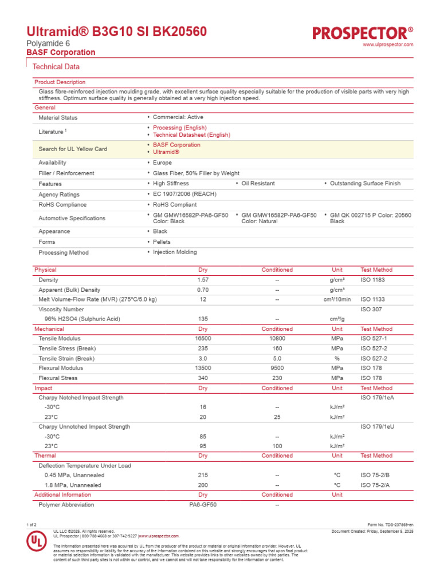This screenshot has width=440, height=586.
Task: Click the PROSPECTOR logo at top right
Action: [363, 33]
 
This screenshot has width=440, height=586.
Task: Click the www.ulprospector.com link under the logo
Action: [388, 45]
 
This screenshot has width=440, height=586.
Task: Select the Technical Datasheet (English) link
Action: [191, 135]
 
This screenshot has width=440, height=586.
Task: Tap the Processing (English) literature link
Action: [179, 128]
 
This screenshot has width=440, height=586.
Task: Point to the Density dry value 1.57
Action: [203, 280]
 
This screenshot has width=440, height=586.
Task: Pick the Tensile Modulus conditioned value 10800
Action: [277, 339]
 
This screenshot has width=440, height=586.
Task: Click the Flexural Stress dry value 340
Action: [203, 378]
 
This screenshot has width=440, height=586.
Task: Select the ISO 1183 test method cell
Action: [372, 280]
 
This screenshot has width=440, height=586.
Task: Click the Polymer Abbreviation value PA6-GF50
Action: [203, 505]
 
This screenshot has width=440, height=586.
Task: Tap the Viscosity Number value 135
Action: [203, 319]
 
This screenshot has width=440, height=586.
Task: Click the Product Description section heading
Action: [60, 82]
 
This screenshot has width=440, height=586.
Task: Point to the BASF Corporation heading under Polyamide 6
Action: [61, 53]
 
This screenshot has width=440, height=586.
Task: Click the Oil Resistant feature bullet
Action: [257, 184]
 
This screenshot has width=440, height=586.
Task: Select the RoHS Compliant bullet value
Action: [174, 204]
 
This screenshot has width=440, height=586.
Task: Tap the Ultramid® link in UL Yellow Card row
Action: [166, 152]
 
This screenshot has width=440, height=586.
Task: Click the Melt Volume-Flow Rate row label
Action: [97, 299]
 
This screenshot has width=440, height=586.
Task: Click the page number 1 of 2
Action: [32, 525]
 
